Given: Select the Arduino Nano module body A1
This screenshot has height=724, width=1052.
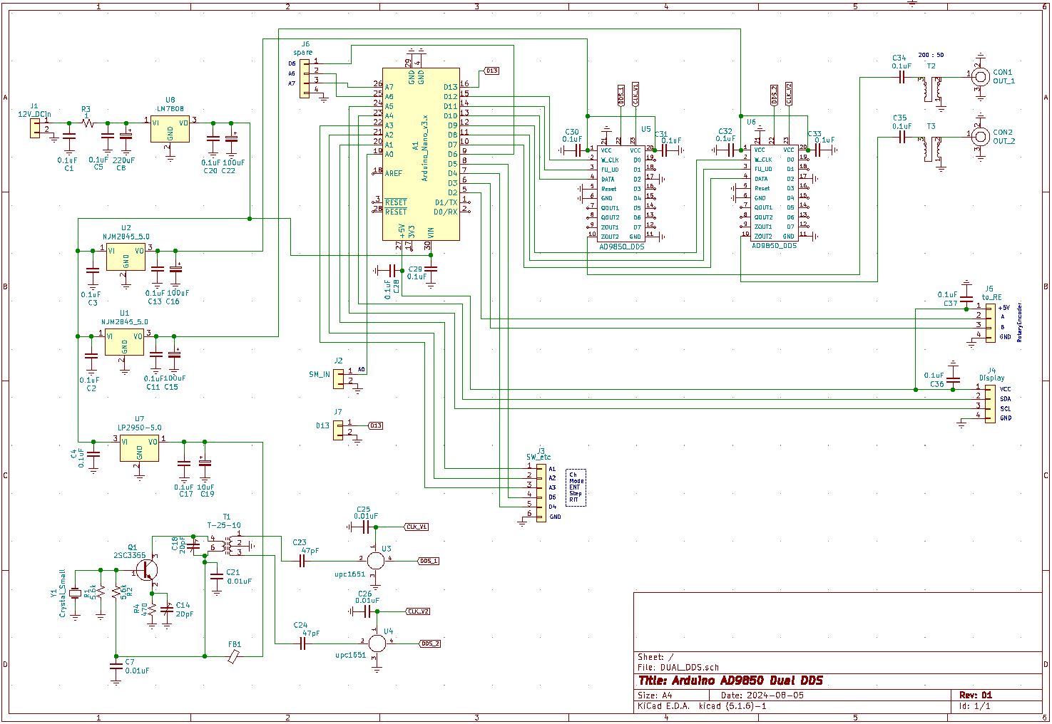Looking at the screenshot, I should click(420, 154).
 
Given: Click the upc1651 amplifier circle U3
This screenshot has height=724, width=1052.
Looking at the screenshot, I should click(375, 560).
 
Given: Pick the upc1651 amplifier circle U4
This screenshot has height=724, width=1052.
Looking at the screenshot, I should click(377, 643).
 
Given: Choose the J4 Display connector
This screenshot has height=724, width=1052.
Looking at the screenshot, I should click(989, 403).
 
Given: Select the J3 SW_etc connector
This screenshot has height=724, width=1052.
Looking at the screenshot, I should click(541, 492).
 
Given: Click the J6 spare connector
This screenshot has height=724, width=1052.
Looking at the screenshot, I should click(305, 77).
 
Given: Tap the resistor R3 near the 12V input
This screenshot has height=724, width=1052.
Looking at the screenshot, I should click(87, 123).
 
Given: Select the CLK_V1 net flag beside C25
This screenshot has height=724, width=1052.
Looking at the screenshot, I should click(417, 527).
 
